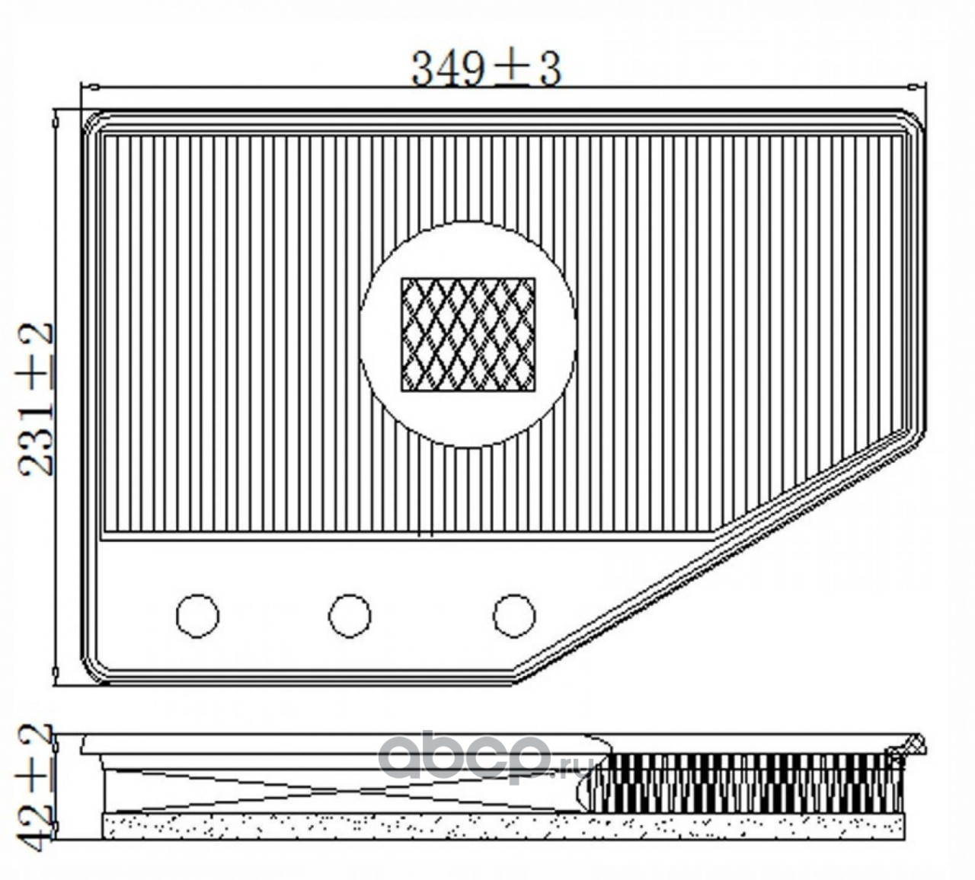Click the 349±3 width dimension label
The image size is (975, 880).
(487, 69)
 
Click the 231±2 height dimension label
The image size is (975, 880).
(35, 399)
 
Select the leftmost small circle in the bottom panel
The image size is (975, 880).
(197, 616)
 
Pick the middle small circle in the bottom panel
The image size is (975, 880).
(350, 616)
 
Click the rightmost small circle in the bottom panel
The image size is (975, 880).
(515, 616)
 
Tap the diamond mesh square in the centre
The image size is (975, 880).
(468, 335)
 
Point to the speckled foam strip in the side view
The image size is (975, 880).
(503, 827)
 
